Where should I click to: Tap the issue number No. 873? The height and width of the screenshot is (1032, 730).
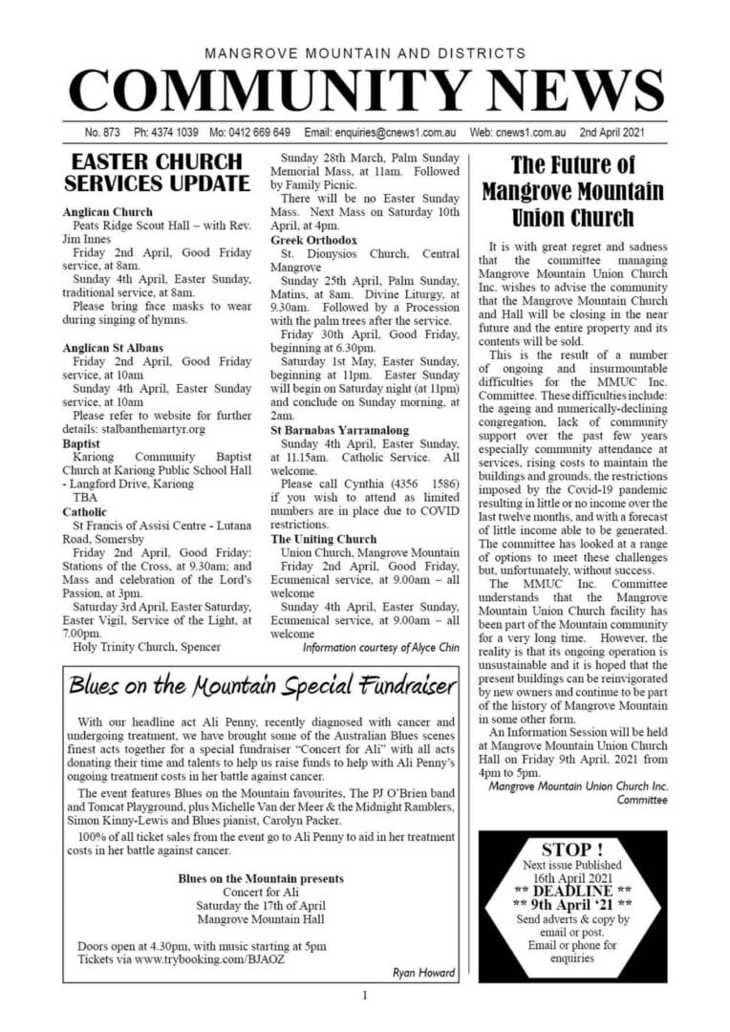tap(102, 132)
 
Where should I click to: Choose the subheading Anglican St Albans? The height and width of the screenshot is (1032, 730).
tap(113, 348)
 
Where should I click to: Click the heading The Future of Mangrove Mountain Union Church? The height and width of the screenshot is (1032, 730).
tap(572, 191)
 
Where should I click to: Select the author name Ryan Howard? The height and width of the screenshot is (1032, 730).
tap(424, 973)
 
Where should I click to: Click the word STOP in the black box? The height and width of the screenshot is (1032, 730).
tap(571, 849)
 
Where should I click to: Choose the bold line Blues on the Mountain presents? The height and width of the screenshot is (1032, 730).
tap(261, 878)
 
